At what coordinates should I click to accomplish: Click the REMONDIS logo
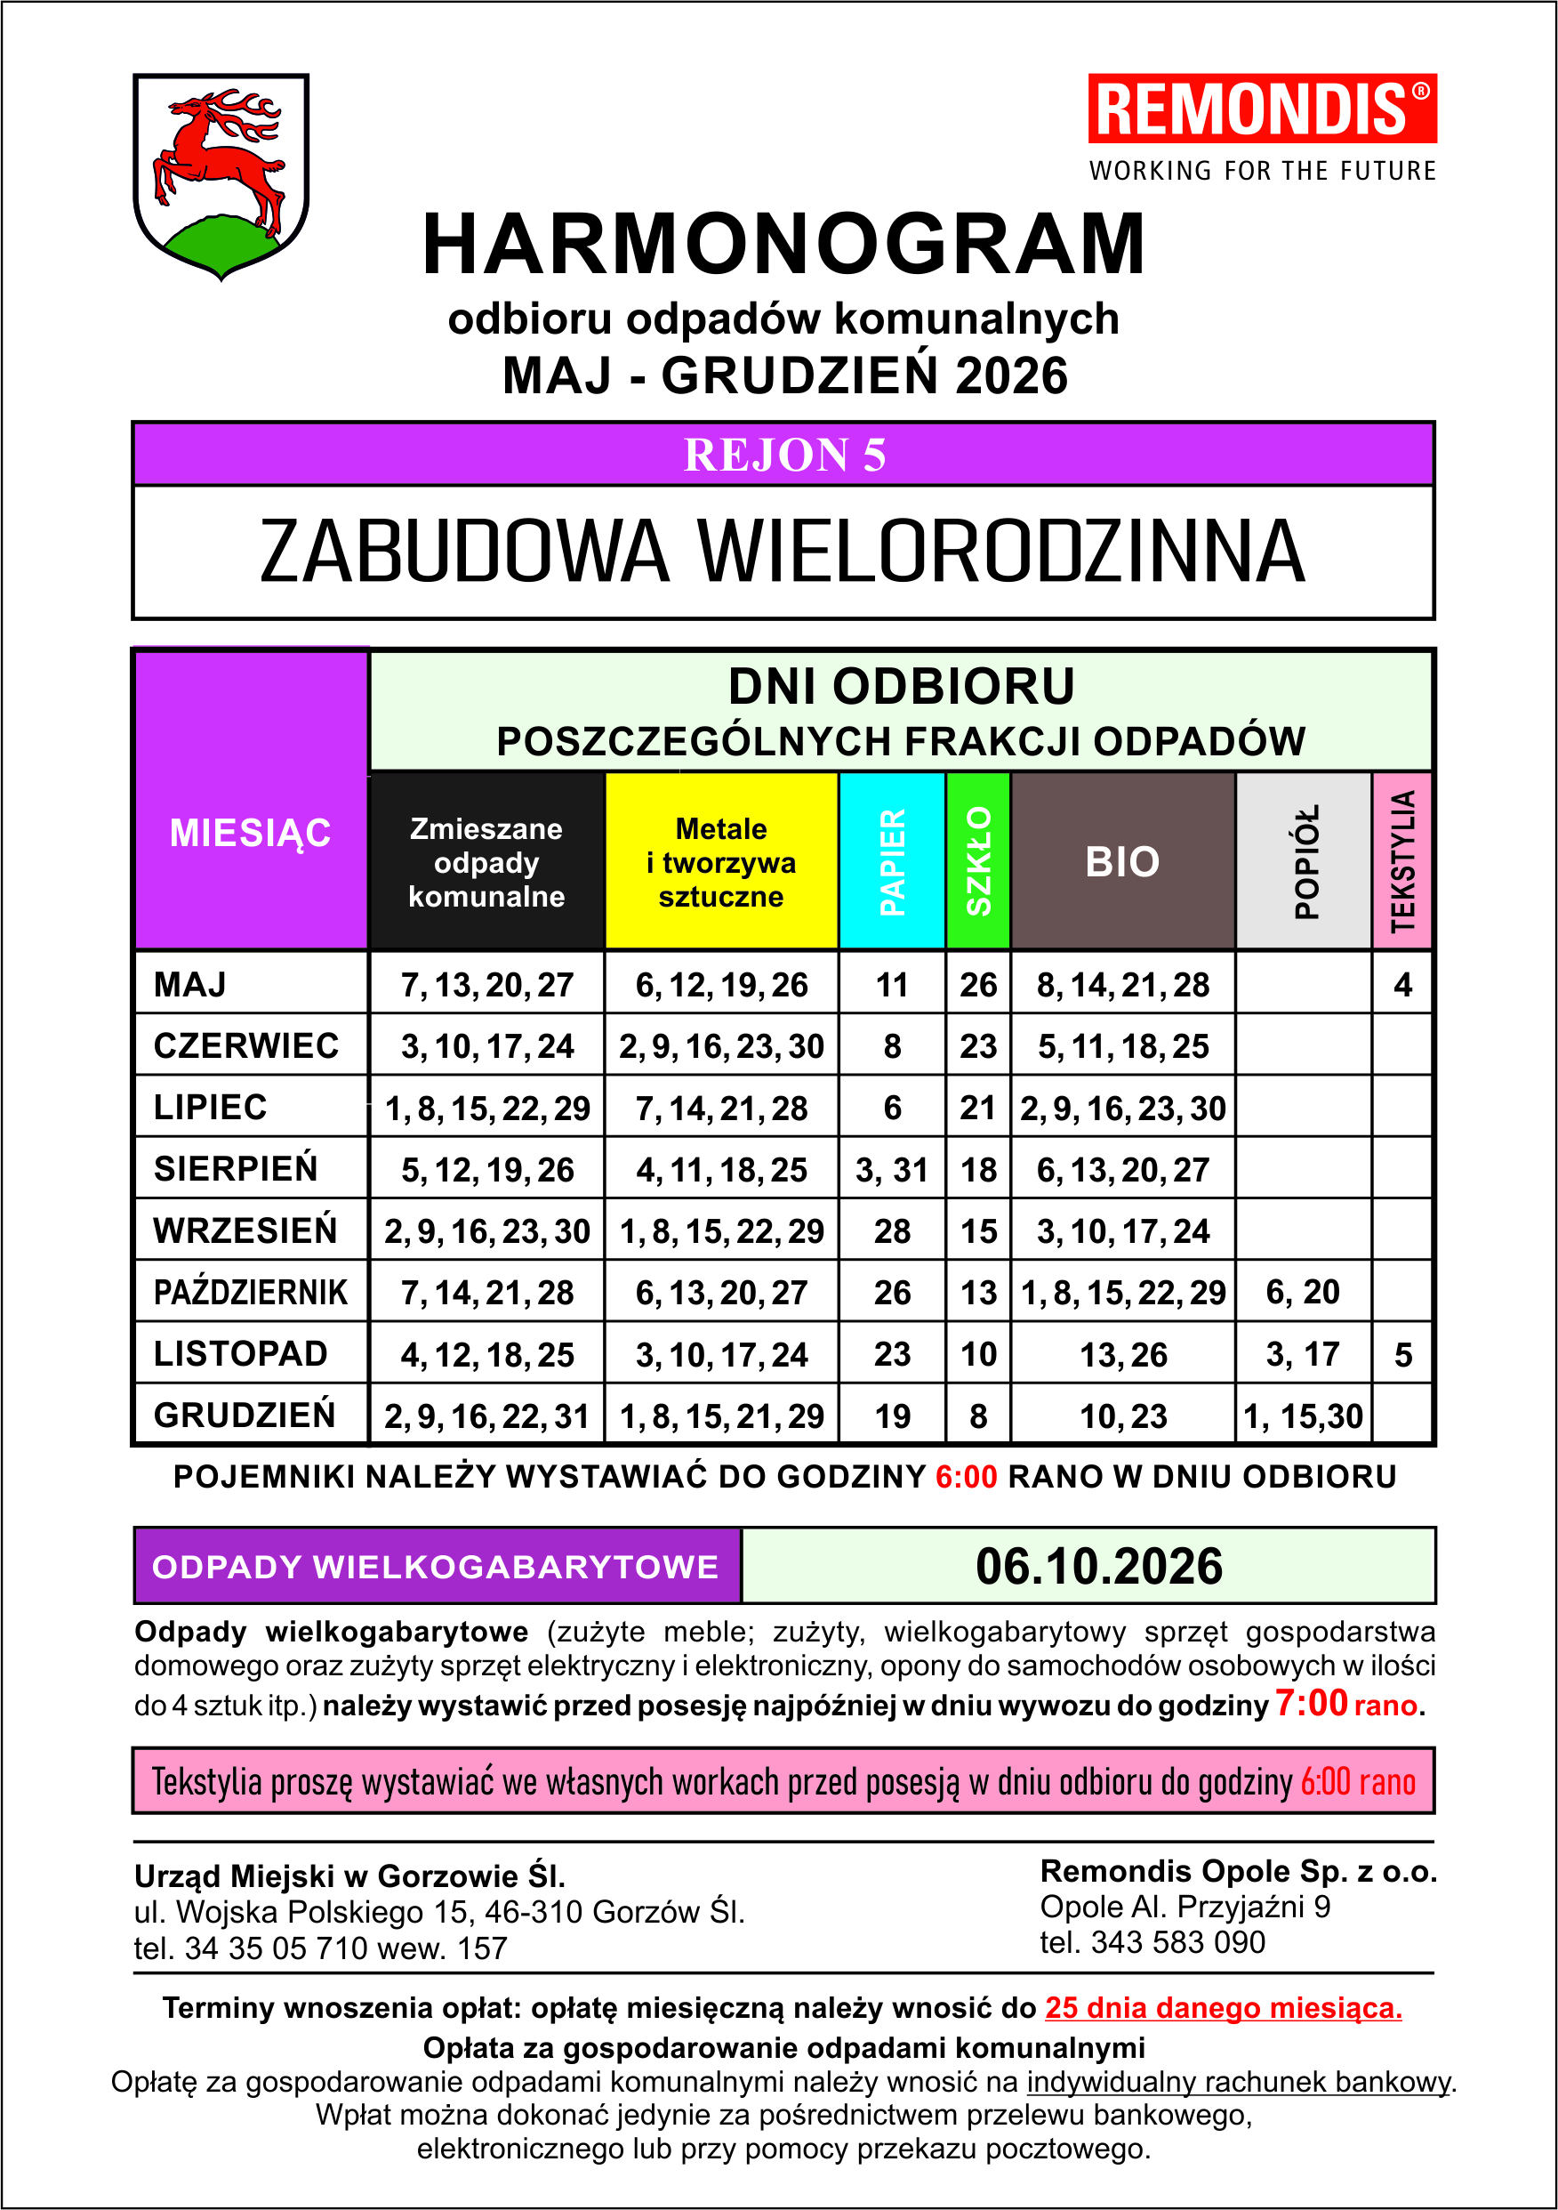pos(1262,109)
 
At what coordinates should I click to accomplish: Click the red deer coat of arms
pos(221,173)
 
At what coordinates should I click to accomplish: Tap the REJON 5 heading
pos(783,456)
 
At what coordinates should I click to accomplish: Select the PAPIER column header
pos(892,860)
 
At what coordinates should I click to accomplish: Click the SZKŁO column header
pos(977,860)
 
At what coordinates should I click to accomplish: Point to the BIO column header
pos(1122,861)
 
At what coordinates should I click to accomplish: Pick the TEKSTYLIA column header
pos(1402,860)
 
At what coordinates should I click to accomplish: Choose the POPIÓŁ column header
pos(1304,860)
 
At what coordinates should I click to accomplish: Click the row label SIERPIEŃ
pos(236,1168)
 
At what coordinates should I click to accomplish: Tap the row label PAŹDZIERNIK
pos(250,1292)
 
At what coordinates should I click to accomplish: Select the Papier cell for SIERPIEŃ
pos(892,1169)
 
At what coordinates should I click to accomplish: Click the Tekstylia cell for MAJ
pos(1402,985)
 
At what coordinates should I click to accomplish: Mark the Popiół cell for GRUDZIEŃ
pos(1303,1416)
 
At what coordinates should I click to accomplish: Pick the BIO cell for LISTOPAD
pos(1122,1355)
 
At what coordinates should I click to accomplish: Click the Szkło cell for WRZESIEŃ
pos(977,1231)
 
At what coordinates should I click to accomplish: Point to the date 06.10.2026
pos(1098,1566)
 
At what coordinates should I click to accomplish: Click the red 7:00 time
pos(1311,1703)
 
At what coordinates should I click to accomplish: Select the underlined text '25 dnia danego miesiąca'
pos(1223,2008)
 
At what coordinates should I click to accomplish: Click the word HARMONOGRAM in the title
pos(783,245)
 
